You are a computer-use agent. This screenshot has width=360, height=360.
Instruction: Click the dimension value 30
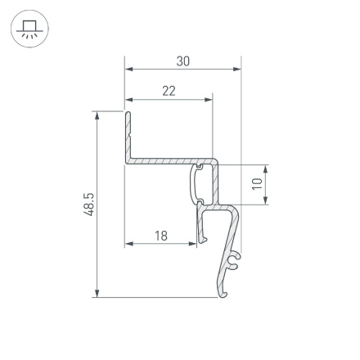[x=182, y=61]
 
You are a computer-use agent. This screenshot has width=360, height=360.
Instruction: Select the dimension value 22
[x=169, y=91]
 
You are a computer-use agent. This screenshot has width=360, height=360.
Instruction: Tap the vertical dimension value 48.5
[x=90, y=205]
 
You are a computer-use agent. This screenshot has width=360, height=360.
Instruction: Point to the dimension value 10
[x=257, y=184]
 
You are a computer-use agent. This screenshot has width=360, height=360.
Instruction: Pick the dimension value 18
[x=160, y=236]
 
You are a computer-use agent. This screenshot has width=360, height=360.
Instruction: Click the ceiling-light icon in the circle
[x=29, y=30]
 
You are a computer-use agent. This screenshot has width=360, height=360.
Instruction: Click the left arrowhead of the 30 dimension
[x=128, y=70]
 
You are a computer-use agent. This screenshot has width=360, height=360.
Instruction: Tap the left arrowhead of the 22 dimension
[x=128, y=100]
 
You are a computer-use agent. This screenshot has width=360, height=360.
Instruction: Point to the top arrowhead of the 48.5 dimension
[x=97, y=116]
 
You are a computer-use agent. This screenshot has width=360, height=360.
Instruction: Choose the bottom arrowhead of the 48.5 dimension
[x=97, y=293]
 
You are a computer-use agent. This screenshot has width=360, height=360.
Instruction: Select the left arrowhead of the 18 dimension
[x=128, y=244]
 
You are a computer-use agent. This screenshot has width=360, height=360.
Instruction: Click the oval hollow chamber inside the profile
[x=198, y=184]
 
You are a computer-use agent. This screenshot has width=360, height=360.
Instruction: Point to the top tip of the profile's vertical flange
[x=128, y=112]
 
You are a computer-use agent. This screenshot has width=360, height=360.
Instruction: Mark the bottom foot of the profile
[x=223, y=290]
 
